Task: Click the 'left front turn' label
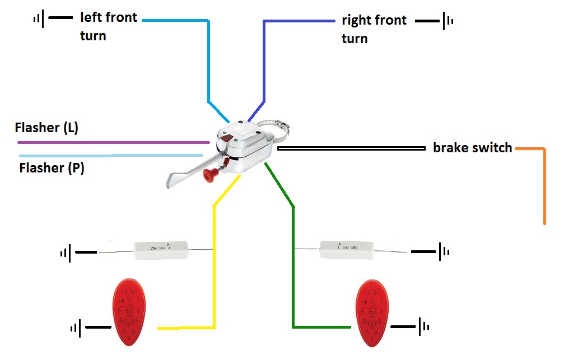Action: (108, 26)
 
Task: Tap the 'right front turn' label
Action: (374, 29)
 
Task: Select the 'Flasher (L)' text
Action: (46, 128)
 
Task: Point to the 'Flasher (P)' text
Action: (52, 167)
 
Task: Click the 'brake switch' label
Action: (472, 148)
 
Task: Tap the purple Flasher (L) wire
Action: (112, 142)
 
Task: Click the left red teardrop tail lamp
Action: (129, 312)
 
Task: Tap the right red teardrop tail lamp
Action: (372, 312)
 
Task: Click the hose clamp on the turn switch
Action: (278, 127)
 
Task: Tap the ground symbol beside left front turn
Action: (39, 18)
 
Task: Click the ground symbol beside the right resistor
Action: (443, 251)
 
